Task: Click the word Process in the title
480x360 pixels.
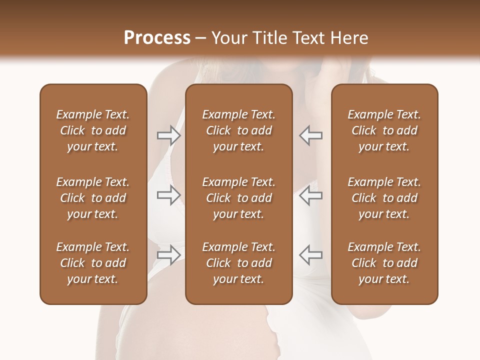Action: [x=157, y=38]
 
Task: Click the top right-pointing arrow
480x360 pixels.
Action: [x=168, y=135]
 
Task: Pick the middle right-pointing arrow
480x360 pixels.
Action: [x=168, y=195]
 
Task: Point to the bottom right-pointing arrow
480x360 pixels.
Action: [x=168, y=255]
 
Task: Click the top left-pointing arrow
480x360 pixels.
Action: [x=310, y=135]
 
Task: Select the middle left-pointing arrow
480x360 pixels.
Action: [x=310, y=195]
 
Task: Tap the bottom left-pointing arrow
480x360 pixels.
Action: [x=310, y=255]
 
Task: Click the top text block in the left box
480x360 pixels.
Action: [x=93, y=130]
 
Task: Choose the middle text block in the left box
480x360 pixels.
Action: [x=93, y=198]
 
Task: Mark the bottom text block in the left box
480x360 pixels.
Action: [x=93, y=263]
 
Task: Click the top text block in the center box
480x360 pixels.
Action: [x=238, y=130]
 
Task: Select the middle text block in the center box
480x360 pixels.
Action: [x=238, y=198]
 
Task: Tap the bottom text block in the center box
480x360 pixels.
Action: [x=238, y=263]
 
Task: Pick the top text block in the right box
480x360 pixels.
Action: [x=384, y=130]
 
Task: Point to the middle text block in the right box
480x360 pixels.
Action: [x=384, y=198]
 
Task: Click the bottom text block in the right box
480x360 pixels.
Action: [x=384, y=263]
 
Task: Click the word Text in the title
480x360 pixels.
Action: [x=307, y=38]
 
